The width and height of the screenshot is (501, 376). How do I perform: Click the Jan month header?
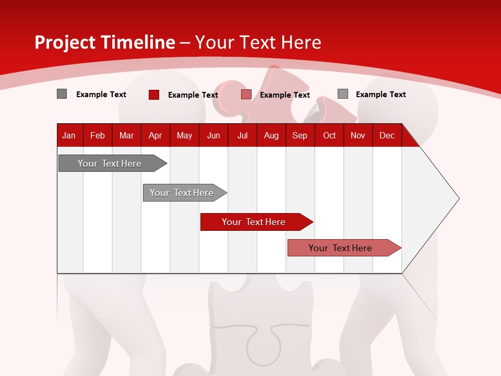click(x=69, y=136)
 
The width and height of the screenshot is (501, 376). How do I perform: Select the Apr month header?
click(x=155, y=136)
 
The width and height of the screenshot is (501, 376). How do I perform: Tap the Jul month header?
click(x=242, y=136)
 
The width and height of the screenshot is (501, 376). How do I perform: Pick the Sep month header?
click(x=300, y=136)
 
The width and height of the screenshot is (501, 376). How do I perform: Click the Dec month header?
click(x=387, y=136)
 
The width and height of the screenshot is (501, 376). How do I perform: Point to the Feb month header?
click(x=98, y=136)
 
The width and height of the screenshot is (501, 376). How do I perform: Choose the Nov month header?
click(x=357, y=136)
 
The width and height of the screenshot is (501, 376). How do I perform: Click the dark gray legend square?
click(x=62, y=94)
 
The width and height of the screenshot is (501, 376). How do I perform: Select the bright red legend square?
click(x=153, y=95)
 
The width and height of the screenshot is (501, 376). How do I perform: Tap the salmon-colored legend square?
click(x=246, y=95)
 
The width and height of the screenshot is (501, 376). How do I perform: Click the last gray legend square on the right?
click(x=342, y=94)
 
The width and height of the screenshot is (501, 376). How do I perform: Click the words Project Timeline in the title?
click(x=104, y=42)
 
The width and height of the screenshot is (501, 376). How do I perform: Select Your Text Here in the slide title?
click(x=258, y=42)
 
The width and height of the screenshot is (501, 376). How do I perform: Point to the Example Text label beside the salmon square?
click(x=284, y=95)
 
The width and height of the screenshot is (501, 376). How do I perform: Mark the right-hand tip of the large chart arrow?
click(x=458, y=198)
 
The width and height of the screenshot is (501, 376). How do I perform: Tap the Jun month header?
click(x=213, y=136)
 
